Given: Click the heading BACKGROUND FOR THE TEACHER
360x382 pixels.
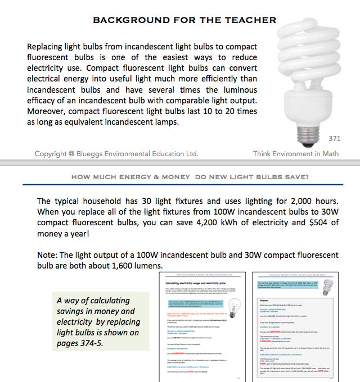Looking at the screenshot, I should click(x=184, y=20).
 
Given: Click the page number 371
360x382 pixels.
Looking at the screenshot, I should click(x=335, y=138).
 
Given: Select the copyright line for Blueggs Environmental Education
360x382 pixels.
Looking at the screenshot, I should click(x=116, y=153).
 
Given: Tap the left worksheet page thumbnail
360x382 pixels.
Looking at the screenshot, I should click(x=203, y=329).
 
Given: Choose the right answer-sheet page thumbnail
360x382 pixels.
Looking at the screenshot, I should click(x=296, y=329).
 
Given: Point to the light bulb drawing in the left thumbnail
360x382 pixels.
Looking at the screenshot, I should click(x=232, y=310).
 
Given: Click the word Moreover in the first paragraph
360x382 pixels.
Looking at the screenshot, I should click(x=48, y=111).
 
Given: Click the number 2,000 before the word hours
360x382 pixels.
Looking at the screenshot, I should click(x=295, y=201).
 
